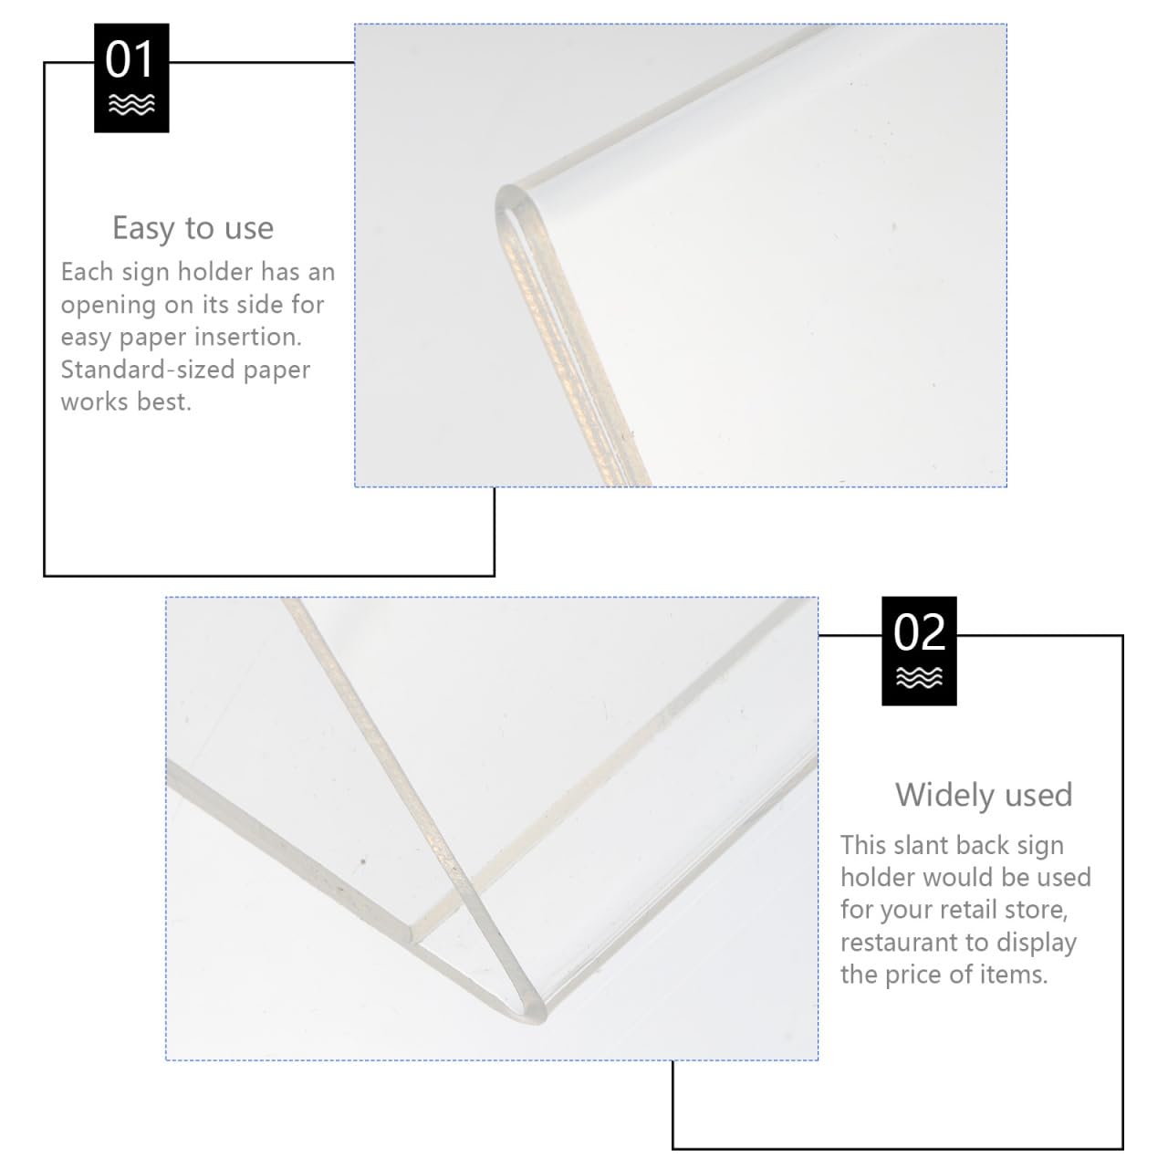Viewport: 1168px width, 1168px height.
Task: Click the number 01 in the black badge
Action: (131, 60)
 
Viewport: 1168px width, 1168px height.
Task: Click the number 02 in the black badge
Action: (919, 632)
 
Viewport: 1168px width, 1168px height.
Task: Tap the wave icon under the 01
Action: (131, 105)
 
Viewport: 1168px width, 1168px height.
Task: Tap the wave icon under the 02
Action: (919, 677)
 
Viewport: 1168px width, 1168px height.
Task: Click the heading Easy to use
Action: (193, 227)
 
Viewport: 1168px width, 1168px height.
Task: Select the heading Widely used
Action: (983, 795)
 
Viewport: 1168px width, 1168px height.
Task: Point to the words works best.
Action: (126, 401)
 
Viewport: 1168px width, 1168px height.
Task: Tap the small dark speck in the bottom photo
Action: (363, 860)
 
